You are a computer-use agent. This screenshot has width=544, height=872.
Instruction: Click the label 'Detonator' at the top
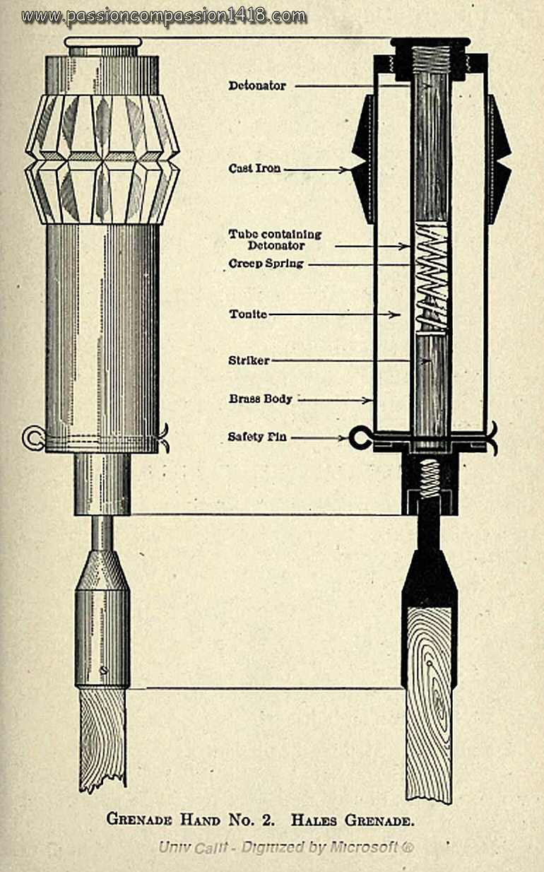coord(257,86)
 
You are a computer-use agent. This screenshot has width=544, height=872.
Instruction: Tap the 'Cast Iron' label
coord(254,169)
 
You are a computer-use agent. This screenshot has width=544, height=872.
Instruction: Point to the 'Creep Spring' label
coord(266,264)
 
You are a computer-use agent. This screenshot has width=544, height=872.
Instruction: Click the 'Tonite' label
coord(247,314)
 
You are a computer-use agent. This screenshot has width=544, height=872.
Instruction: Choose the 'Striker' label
coord(248,360)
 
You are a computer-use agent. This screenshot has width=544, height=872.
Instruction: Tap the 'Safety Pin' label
coord(257,437)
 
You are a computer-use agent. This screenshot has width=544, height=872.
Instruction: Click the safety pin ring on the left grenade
coord(32,438)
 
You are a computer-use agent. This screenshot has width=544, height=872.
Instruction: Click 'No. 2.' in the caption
coord(244,820)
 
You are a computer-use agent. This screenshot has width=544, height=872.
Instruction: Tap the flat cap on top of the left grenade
coord(103,42)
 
